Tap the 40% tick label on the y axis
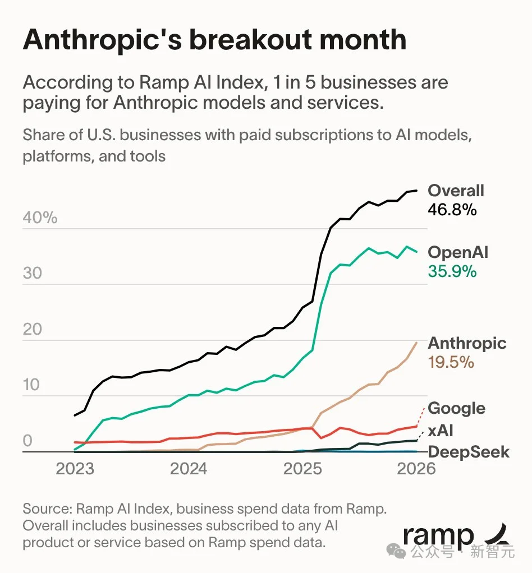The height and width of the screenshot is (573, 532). point(40,218)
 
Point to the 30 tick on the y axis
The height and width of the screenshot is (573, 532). point(33,273)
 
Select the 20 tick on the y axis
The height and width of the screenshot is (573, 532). point(33,329)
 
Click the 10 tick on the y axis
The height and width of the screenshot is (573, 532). point(33,385)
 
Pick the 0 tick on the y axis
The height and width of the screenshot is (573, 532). point(27,441)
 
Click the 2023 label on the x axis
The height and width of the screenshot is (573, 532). point(75,468)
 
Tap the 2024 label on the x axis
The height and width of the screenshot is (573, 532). point(189,468)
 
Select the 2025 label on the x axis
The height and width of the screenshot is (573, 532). point(302,468)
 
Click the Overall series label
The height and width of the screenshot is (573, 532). point(456,191)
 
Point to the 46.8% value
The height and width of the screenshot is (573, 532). point(452,210)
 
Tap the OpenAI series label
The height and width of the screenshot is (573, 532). point(458,252)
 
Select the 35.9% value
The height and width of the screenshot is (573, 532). point(452,271)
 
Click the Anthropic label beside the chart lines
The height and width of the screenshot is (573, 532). point(467,343)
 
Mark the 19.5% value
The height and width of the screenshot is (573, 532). point(451,362)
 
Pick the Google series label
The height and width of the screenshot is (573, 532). point(456,408)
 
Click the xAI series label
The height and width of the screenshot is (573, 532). point(440,431)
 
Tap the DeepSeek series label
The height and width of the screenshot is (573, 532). point(469,452)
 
